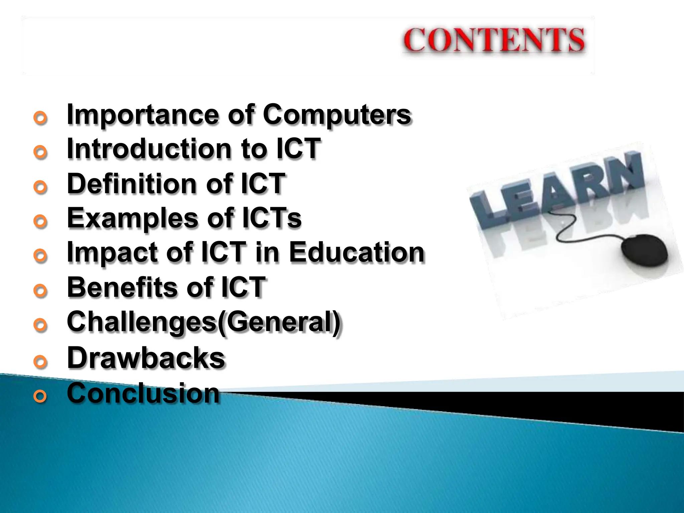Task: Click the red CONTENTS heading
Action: click(494, 40)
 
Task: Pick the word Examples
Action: click(132, 218)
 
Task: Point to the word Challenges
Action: click(142, 322)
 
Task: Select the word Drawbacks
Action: click(146, 358)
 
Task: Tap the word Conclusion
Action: click(143, 393)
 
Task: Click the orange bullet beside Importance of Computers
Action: click(40, 118)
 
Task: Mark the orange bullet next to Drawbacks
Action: click(40, 362)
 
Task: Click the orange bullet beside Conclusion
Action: click(40, 396)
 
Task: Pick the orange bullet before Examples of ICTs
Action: click(40, 222)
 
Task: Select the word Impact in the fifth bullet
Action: click(113, 253)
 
